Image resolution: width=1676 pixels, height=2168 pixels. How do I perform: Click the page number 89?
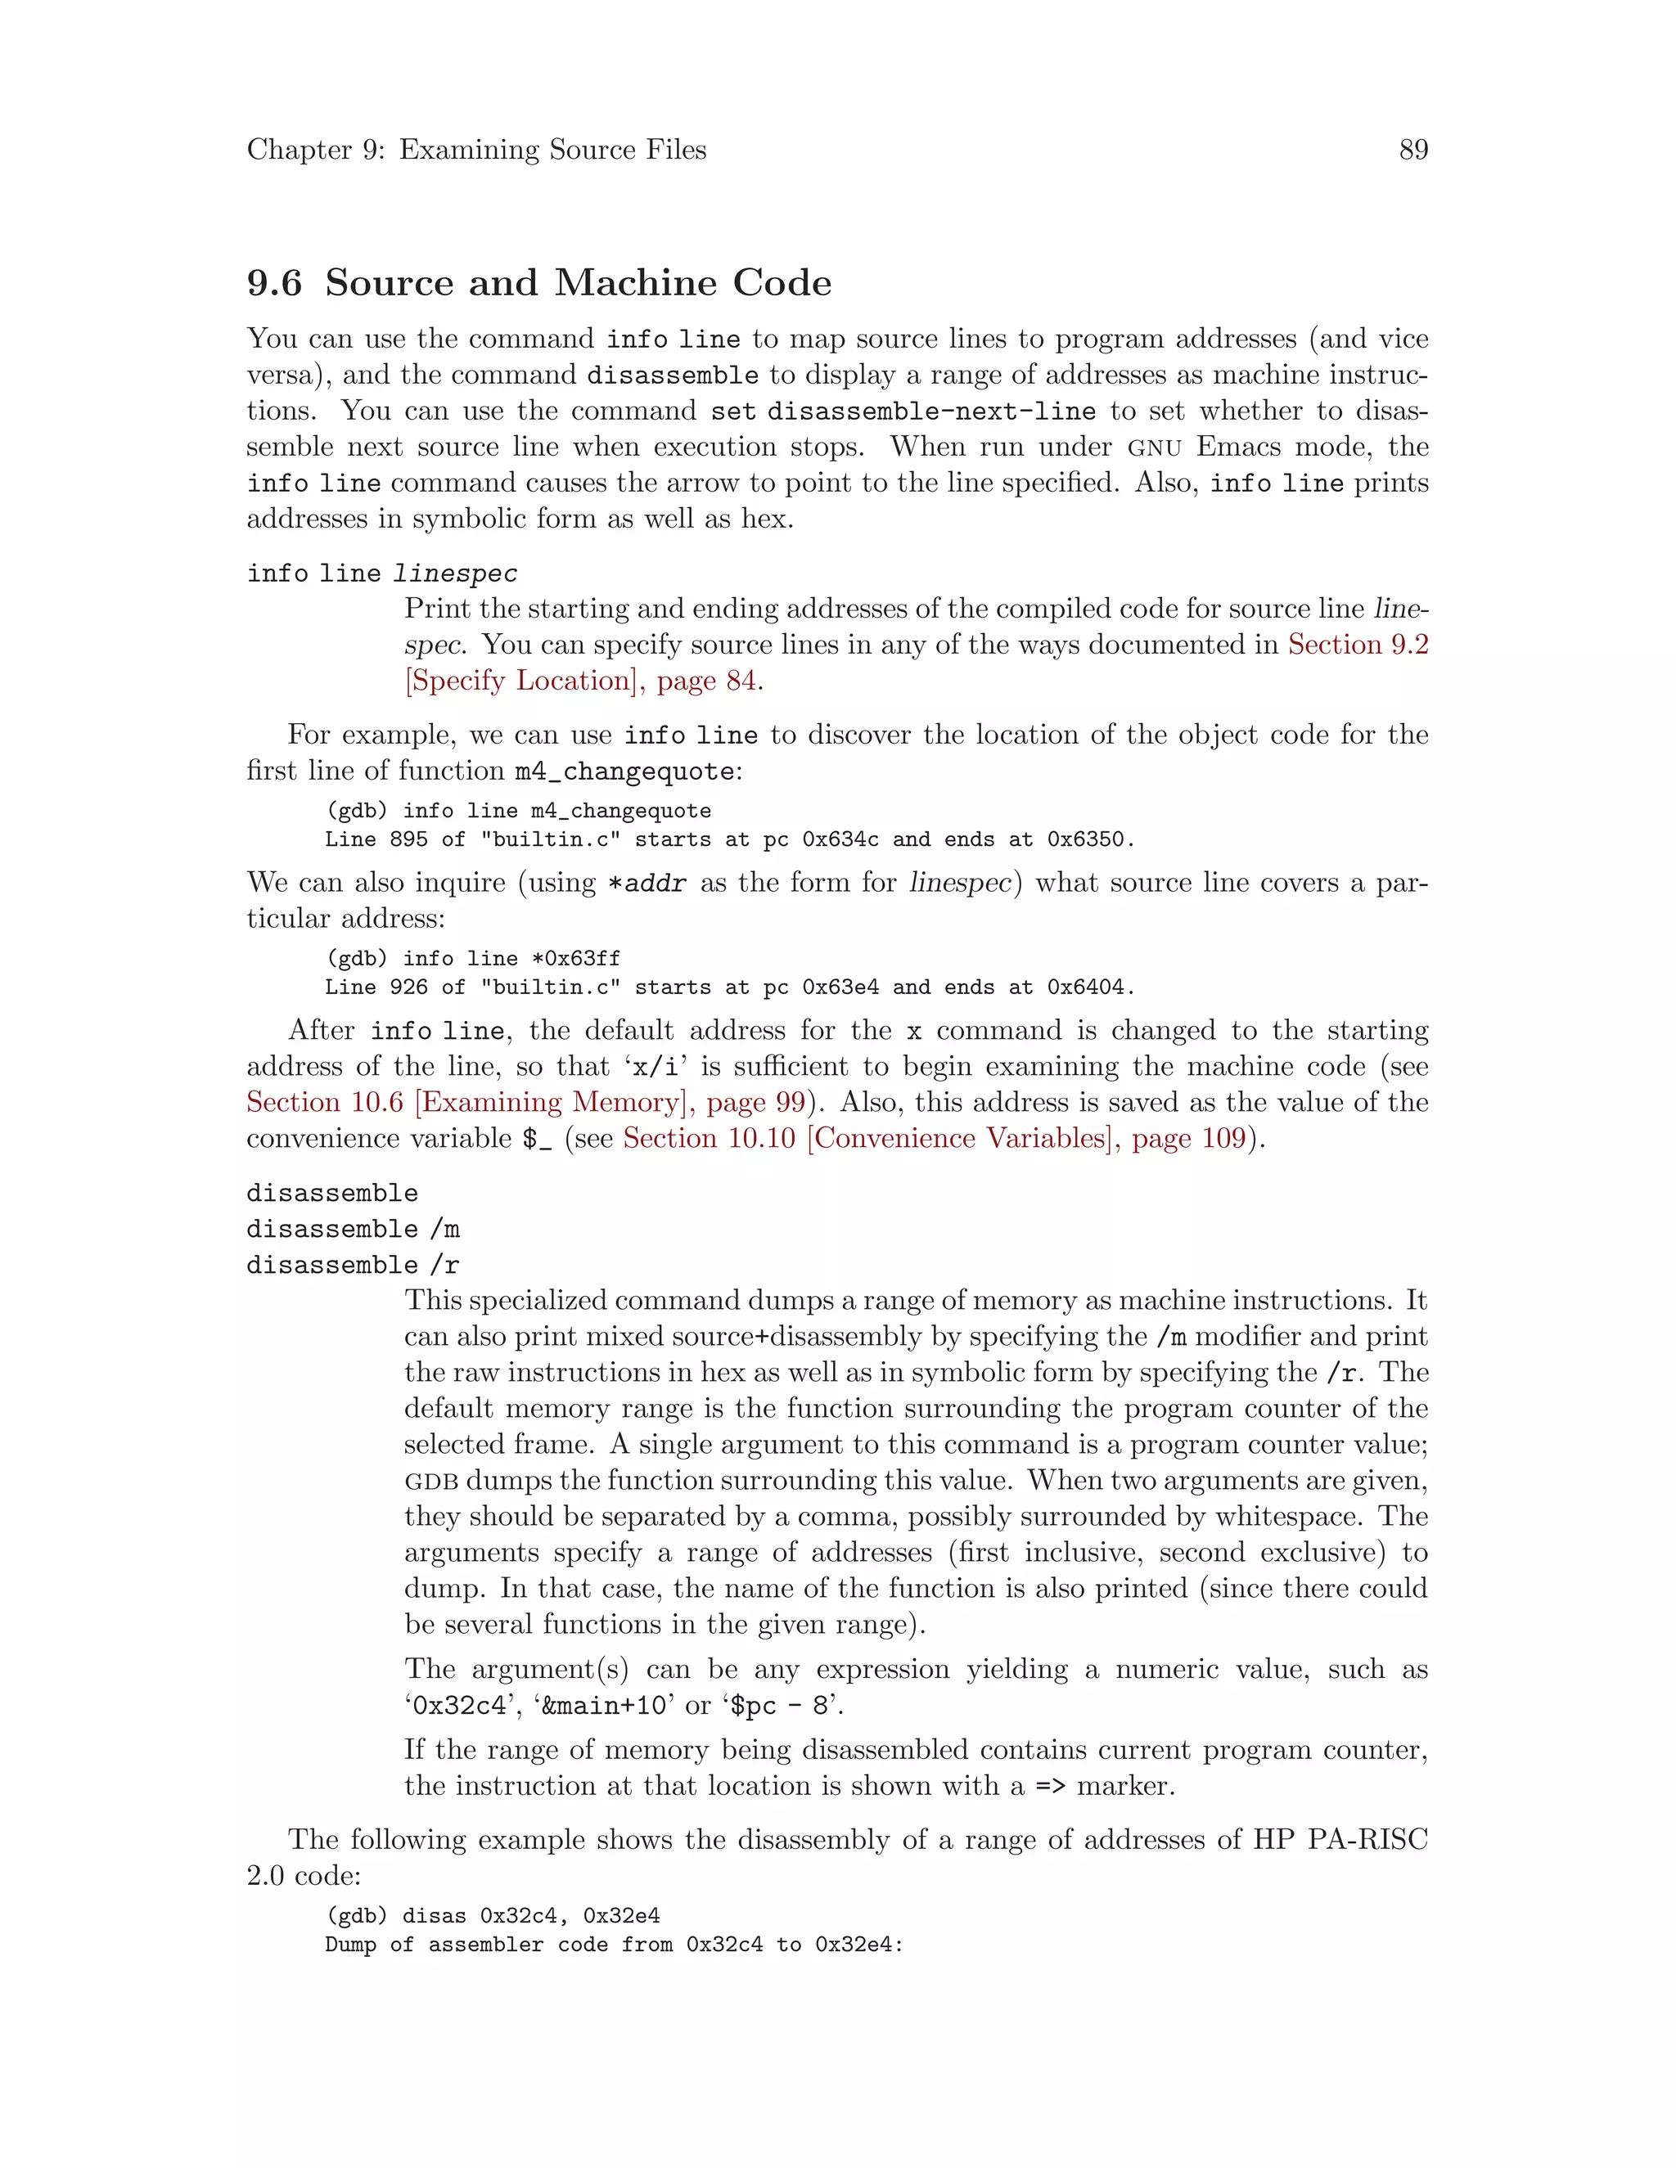tap(1412, 150)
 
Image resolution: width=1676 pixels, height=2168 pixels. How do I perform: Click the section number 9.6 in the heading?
tap(274, 283)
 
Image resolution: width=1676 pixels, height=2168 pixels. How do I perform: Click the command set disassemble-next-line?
tap(903, 411)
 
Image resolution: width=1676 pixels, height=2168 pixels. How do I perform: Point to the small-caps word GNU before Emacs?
tap(1154, 448)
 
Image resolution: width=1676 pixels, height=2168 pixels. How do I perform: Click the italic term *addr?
tap(646, 883)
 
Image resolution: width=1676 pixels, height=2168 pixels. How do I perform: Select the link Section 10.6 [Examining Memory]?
tap(471, 1102)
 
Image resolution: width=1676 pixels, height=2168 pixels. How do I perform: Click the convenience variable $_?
tap(537, 1139)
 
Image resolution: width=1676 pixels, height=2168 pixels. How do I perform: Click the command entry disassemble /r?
tap(353, 1265)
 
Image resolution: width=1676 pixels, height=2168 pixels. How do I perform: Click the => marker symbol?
tap(1049, 1786)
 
